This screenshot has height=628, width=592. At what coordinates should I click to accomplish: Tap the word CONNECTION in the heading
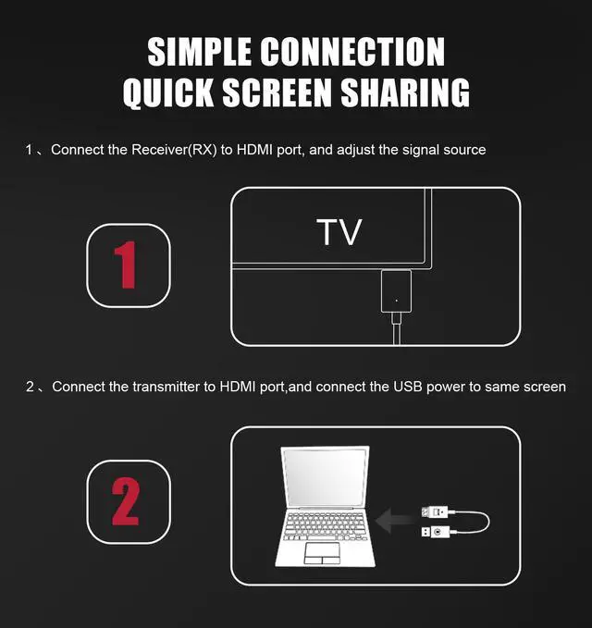point(355,52)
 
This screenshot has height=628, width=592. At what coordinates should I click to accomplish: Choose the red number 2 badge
point(129,502)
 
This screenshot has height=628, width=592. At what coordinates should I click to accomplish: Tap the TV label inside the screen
point(339,232)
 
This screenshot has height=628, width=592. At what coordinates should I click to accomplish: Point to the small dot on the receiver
point(396,300)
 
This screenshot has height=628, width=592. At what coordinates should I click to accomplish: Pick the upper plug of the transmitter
point(436,511)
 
